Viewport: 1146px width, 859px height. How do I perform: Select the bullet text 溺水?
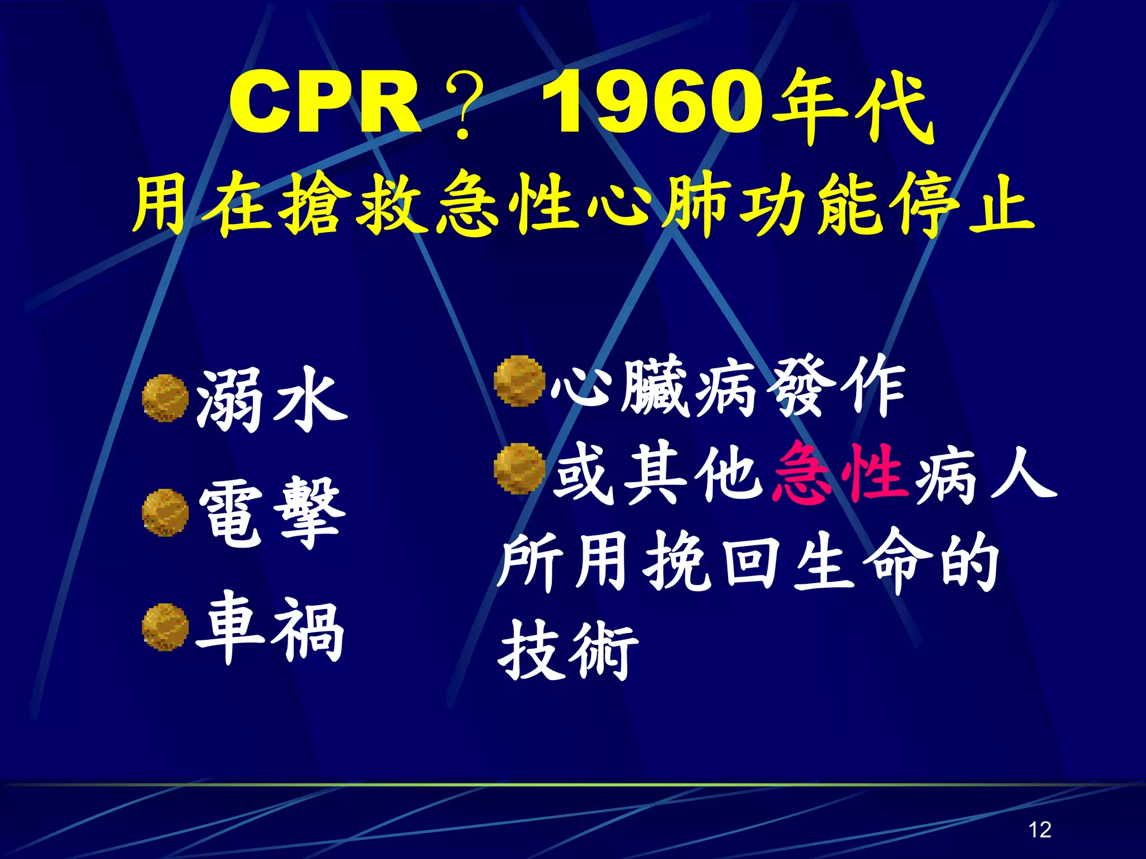click(273, 400)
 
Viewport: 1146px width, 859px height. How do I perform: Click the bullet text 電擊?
click(273, 513)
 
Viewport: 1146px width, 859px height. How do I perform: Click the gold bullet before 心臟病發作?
click(519, 381)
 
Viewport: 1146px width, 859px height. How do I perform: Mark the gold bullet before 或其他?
click(519, 469)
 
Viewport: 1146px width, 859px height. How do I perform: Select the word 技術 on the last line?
click(568, 652)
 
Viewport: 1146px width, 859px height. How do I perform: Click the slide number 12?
click(1040, 829)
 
